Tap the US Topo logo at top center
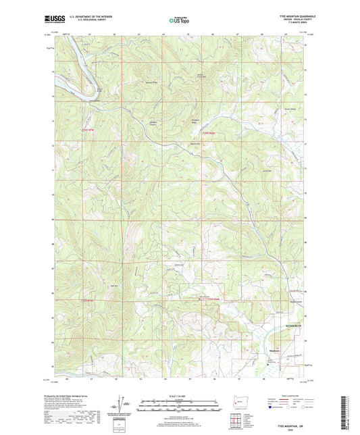pos(177,21)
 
